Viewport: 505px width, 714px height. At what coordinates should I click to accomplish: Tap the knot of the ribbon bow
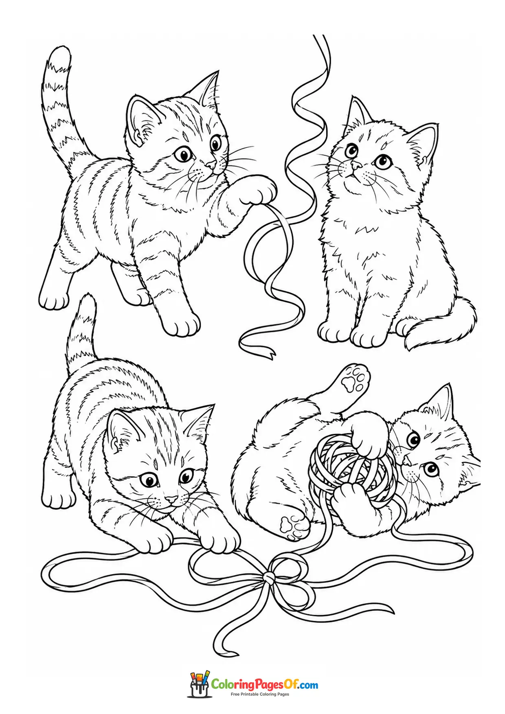click(268, 576)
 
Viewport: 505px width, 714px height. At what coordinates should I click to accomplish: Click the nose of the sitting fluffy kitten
click(356, 165)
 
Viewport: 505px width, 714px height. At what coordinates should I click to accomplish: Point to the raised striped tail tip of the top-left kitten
click(60, 55)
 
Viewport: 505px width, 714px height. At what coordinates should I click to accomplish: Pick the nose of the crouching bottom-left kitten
click(171, 499)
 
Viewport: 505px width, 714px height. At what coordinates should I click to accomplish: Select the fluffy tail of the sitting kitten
click(442, 326)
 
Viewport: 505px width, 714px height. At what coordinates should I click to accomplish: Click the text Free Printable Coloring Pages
click(260, 694)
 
